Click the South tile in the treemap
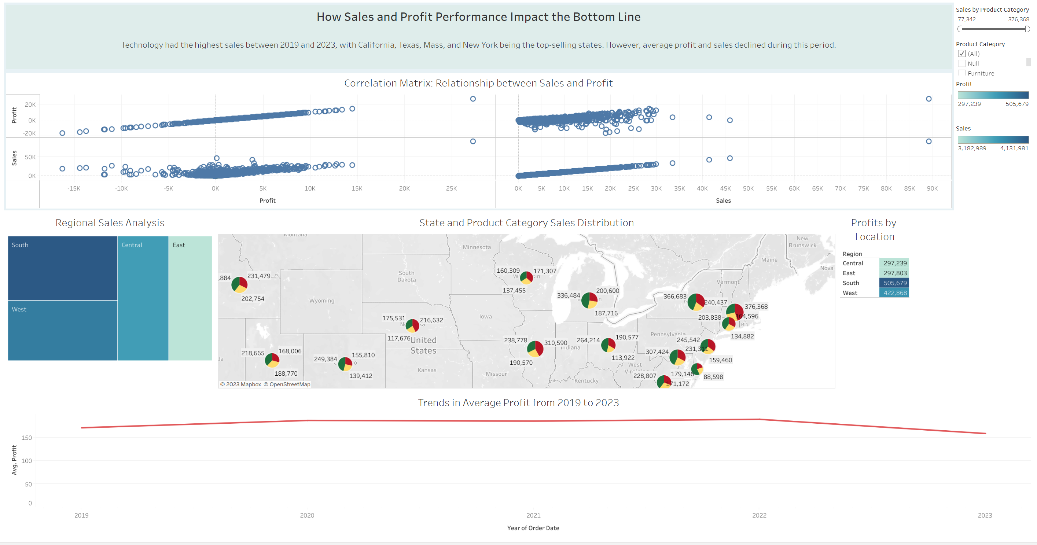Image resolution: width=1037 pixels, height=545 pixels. [x=62, y=268]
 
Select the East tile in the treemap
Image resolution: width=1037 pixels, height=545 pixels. [x=190, y=298]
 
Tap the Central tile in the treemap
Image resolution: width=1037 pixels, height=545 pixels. [x=143, y=298]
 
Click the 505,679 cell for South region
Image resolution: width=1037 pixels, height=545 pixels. [x=894, y=283]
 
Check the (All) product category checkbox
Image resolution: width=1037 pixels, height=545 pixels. [x=962, y=54]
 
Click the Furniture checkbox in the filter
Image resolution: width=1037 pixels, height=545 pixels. [x=962, y=73]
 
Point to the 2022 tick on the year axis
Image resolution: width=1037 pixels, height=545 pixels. [x=759, y=515]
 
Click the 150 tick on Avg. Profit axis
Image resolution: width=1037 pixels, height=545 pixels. [x=26, y=438]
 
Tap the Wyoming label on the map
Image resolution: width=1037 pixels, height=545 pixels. [x=321, y=301]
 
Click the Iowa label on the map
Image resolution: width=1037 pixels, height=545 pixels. [x=485, y=316]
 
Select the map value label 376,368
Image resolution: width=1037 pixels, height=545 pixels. [x=756, y=306]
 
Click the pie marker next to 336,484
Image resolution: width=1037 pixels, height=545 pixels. [x=589, y=300]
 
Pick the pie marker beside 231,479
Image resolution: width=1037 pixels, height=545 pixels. [x=239, y=284]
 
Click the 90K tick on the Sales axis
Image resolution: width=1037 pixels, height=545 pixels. [x=932, y=188]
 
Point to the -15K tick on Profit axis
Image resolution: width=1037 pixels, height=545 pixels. [x=74, y=188]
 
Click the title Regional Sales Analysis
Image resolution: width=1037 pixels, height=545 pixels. [x=110, y=222]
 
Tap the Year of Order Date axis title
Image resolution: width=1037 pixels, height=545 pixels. [x=533, y=528]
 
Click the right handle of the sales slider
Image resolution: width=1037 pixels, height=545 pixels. [x=1027, y=29]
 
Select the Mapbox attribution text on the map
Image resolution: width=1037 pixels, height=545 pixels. [x=241, y=384]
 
